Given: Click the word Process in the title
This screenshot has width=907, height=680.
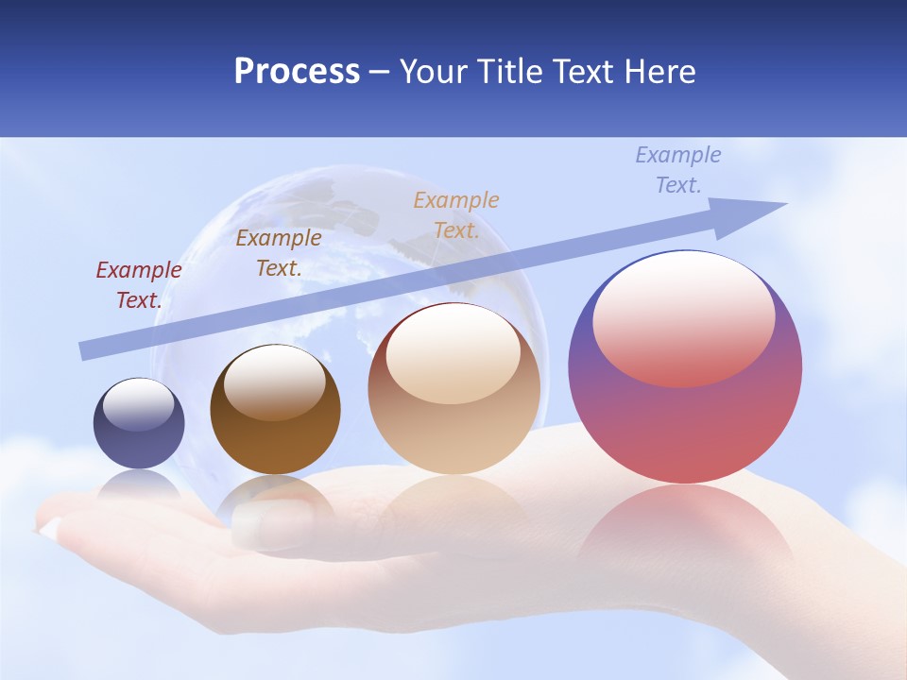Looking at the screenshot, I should click(297, 72).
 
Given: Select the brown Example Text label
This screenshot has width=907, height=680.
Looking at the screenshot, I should click(279, 253).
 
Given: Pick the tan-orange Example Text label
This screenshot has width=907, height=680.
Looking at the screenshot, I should click(456, 214).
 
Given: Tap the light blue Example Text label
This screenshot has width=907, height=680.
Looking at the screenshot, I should click(678, 170).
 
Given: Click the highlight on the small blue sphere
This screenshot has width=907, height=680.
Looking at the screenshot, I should click(139, 404).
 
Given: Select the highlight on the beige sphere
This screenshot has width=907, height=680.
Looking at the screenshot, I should click(453, 354).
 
